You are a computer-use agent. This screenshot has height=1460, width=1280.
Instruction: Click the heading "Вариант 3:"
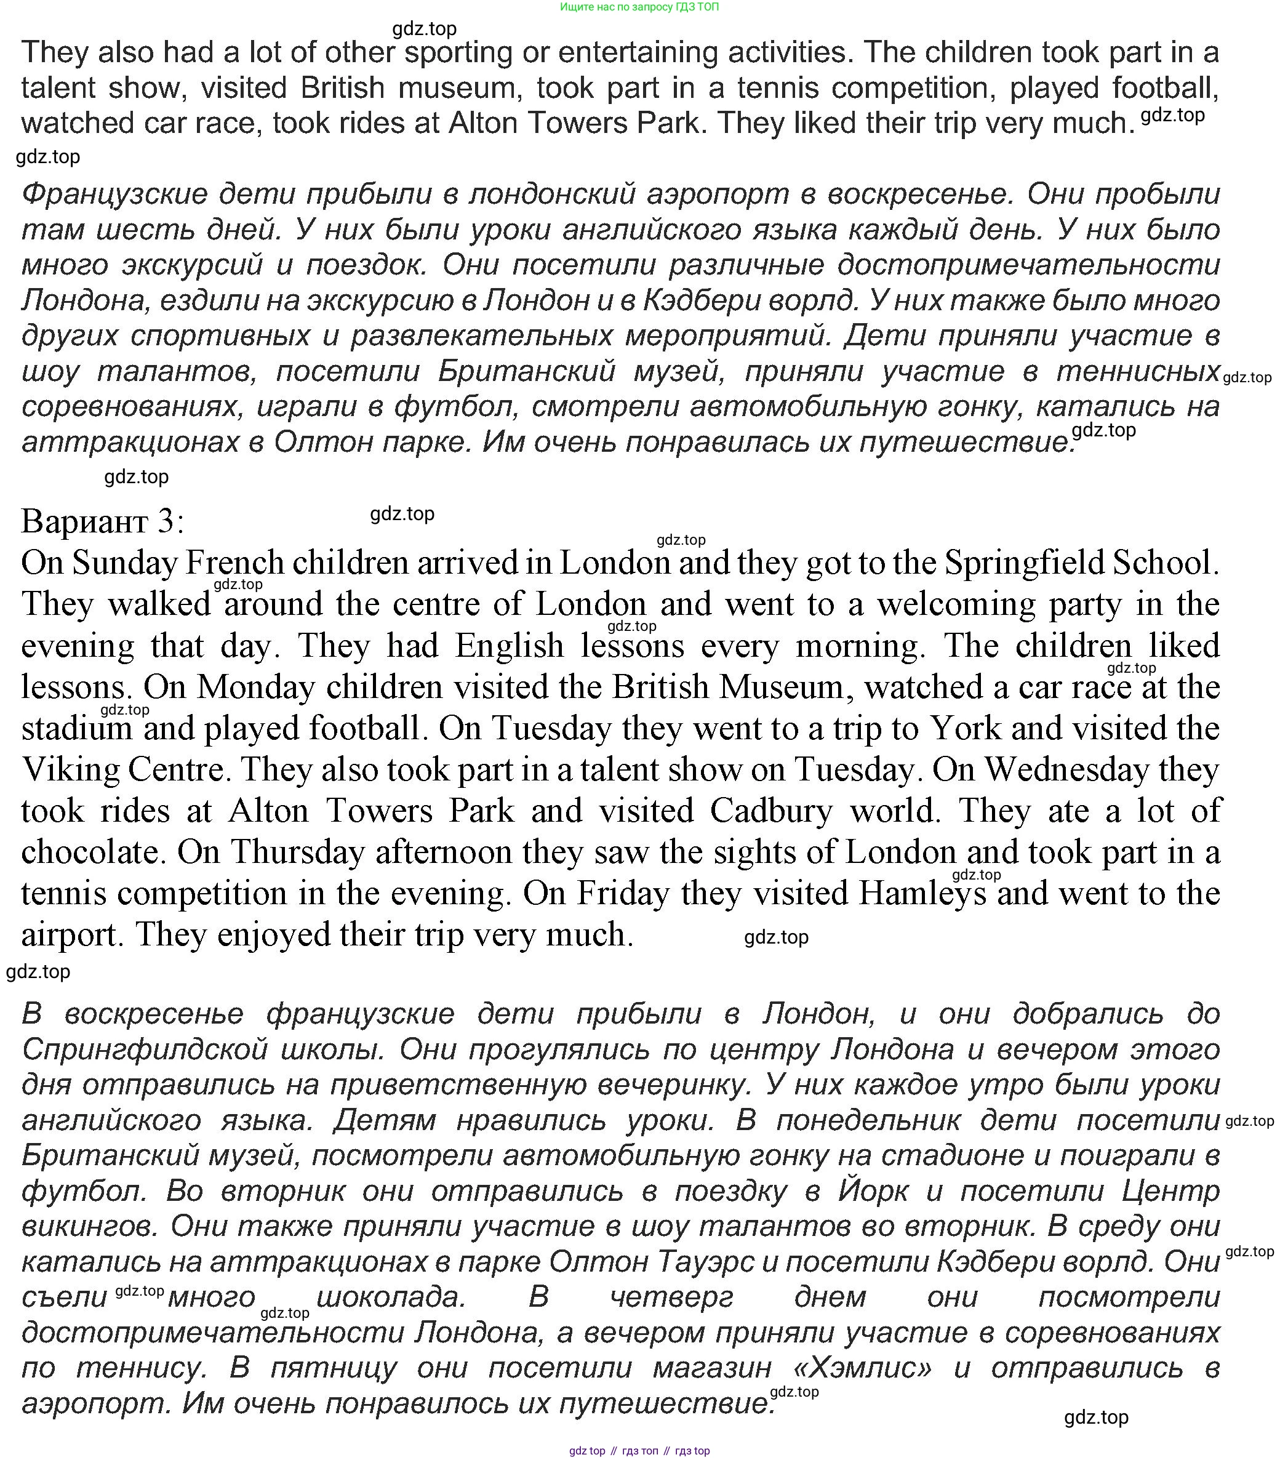pyautogui.click(x=102, y=521)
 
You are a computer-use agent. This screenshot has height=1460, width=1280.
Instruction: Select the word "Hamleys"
pyautogui.click(x=921, y=894)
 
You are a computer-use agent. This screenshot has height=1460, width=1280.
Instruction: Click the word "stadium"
pyautogui.click(x=76, y=729)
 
